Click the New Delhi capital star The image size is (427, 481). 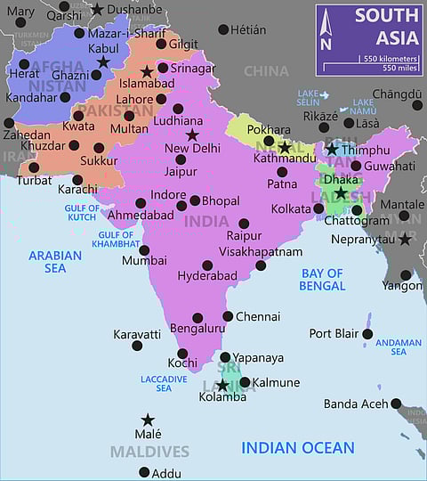click(192, 135)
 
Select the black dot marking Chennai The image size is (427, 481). click(228, 316)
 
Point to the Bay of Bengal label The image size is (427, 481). click(323, 280)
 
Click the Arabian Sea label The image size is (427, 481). click(54, 261)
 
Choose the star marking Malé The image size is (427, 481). click(148, 420)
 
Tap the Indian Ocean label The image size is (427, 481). click(298, 448)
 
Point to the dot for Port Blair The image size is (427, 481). click(367, 334)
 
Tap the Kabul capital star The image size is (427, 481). click(103, 61)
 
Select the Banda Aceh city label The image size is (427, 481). click(356, 404)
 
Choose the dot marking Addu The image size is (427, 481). click(144, 472)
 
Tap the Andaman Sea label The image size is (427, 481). click(399, 346)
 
